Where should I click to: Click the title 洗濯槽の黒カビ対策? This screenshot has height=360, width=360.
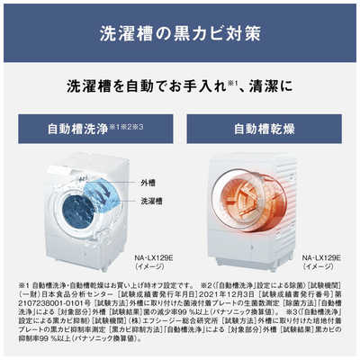180,35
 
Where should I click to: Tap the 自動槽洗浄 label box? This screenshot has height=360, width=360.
93,129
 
